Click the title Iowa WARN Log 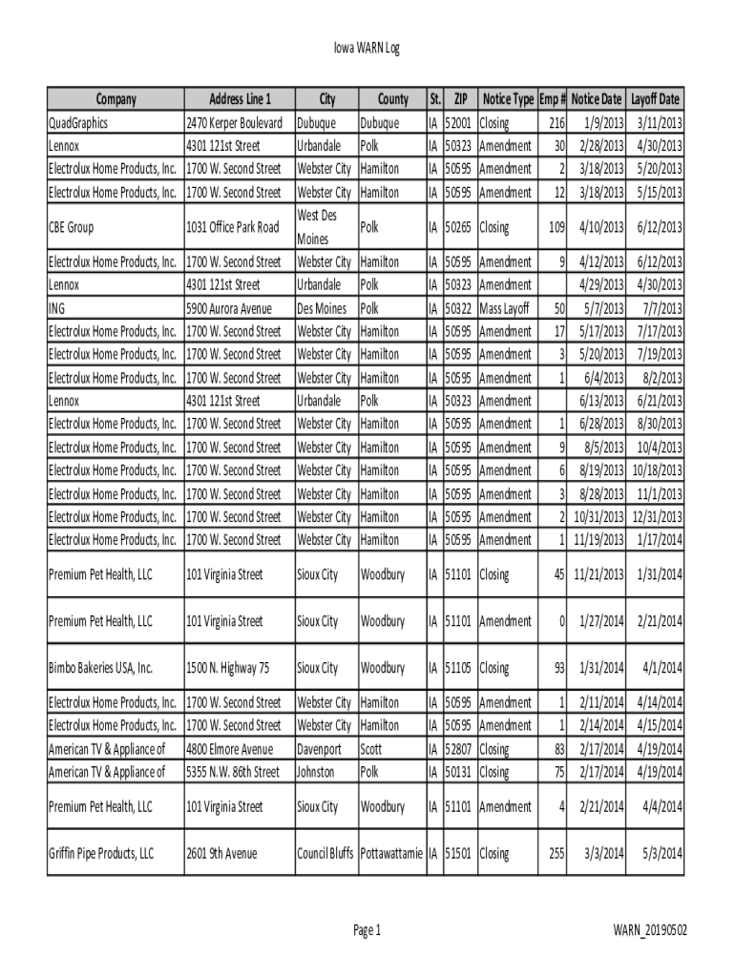[x=367, y=49]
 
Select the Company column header [x=115, y=99]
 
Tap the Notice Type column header [x=508, y=99]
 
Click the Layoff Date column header [x=655, y=99]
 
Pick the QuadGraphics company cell [x=78, y=123]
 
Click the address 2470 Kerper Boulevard [x=234, y=123]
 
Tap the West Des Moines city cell [x=318, y=227]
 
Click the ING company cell [x=57, y=308]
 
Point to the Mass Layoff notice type [x=505, y=308]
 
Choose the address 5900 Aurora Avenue [x=229, y=308]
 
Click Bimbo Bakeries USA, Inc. [x=100, y=668]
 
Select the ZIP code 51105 [x=460, y=668]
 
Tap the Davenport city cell [x=319, y=749]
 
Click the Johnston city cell [x=316, y=772]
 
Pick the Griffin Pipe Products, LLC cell [x=101, y=853]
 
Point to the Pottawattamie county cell [x=391, y=853]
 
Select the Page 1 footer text [x=367, y=930]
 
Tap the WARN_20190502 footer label [x=652, y=930]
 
